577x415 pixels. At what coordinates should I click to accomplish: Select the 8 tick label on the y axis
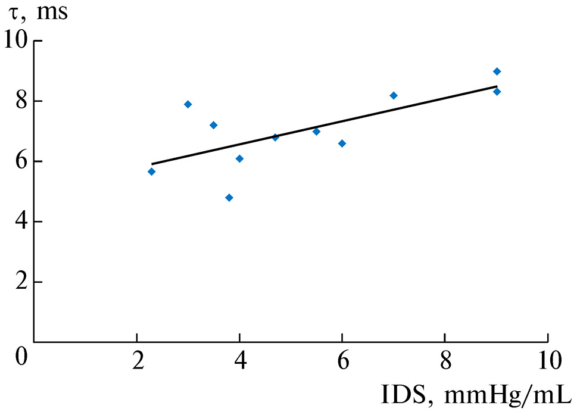(20, 101)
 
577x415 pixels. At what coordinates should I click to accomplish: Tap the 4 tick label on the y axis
(20, 221)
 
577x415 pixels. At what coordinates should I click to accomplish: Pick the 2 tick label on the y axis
(20, 282)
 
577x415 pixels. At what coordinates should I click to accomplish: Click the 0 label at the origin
(21, 359)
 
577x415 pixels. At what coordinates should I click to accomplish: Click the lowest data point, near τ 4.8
(229, 198)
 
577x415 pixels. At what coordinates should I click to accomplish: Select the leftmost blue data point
(151, 171)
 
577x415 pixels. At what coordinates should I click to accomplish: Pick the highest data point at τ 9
(497, 71)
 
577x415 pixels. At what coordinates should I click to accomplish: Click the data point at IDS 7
(394, 95)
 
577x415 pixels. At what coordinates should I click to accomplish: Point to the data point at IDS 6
(342, 143)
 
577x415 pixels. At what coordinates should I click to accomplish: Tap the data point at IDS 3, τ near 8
(188, 104)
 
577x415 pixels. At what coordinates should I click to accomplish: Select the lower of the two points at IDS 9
(497, 92)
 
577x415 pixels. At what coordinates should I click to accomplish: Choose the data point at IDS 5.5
(316, 132)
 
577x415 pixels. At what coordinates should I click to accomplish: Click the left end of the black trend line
(152, 164)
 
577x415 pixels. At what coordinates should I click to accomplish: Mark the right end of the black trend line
(497, 86)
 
